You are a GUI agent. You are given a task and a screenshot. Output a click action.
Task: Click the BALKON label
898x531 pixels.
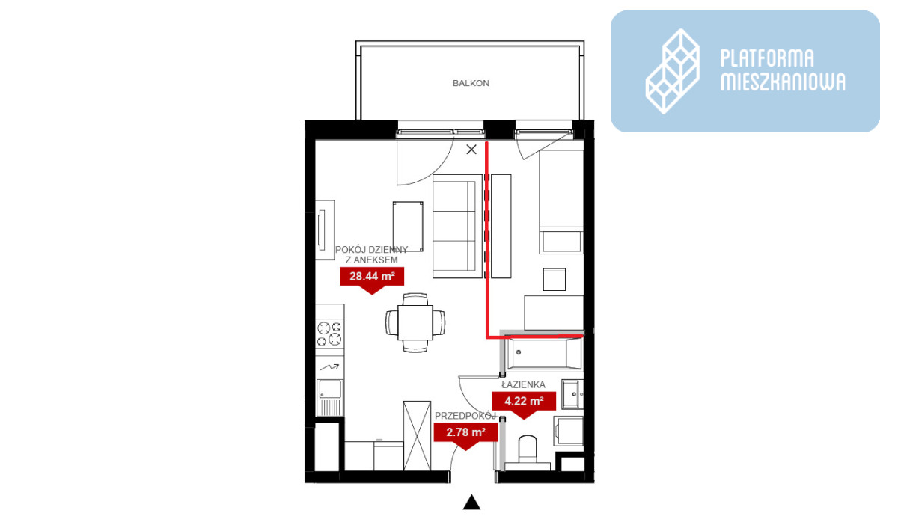point(471,83)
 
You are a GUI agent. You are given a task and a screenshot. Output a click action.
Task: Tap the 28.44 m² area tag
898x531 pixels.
point(372,279)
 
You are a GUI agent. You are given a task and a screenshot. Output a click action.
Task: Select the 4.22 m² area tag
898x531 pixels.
point(524,404)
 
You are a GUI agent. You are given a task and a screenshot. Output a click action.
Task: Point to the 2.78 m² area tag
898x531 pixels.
point(465,435)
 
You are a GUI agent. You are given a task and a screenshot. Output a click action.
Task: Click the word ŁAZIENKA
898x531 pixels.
point(524,384)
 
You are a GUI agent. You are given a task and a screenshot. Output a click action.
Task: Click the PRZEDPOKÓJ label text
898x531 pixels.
point(465,416)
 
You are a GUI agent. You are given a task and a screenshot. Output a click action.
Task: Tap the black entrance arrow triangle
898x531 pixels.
point(472,502)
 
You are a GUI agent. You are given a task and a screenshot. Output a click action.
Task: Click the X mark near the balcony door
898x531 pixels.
point(471,150)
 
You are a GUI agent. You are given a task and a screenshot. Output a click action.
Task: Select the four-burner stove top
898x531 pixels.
point(329,334)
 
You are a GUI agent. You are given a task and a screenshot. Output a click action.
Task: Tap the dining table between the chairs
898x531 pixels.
point(415,323)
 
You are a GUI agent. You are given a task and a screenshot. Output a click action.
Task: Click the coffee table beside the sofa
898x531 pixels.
point(408,227)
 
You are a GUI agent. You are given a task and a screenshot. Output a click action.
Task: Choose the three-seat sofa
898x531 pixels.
point(457,226)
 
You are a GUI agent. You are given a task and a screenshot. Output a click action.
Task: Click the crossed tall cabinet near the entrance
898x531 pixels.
point(417,435)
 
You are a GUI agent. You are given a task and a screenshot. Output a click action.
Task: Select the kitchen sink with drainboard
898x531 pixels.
point(329,398)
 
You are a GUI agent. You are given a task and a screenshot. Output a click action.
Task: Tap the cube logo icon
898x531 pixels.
point(673,71)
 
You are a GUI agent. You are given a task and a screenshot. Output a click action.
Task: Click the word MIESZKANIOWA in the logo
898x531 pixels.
point(783,82)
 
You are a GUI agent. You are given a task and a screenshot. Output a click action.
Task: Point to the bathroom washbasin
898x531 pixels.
point(572,394)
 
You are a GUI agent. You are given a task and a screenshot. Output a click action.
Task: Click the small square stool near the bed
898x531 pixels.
point(555,279)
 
